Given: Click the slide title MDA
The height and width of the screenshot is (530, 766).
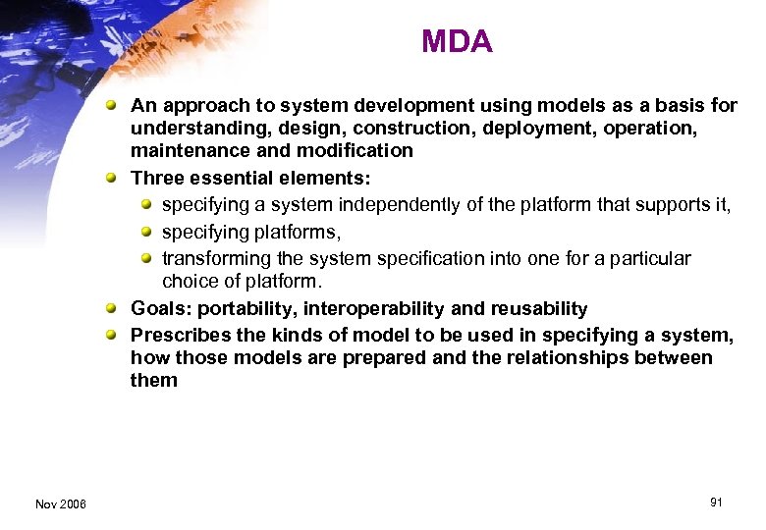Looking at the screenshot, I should [457, 41].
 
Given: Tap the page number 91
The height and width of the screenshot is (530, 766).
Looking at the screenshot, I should [716, 503].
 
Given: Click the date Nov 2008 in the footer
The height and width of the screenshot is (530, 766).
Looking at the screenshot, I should [60, 503].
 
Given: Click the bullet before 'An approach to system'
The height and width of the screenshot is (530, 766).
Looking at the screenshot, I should [115, 105].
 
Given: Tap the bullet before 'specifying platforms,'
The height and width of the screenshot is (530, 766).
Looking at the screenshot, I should [145, 232].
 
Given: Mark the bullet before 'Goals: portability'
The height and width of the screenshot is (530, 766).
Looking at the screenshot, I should [115, 309].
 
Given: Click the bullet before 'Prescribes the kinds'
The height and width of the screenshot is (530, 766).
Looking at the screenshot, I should [115, 335].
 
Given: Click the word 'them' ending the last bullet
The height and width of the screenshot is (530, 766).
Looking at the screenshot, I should [154, 380].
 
